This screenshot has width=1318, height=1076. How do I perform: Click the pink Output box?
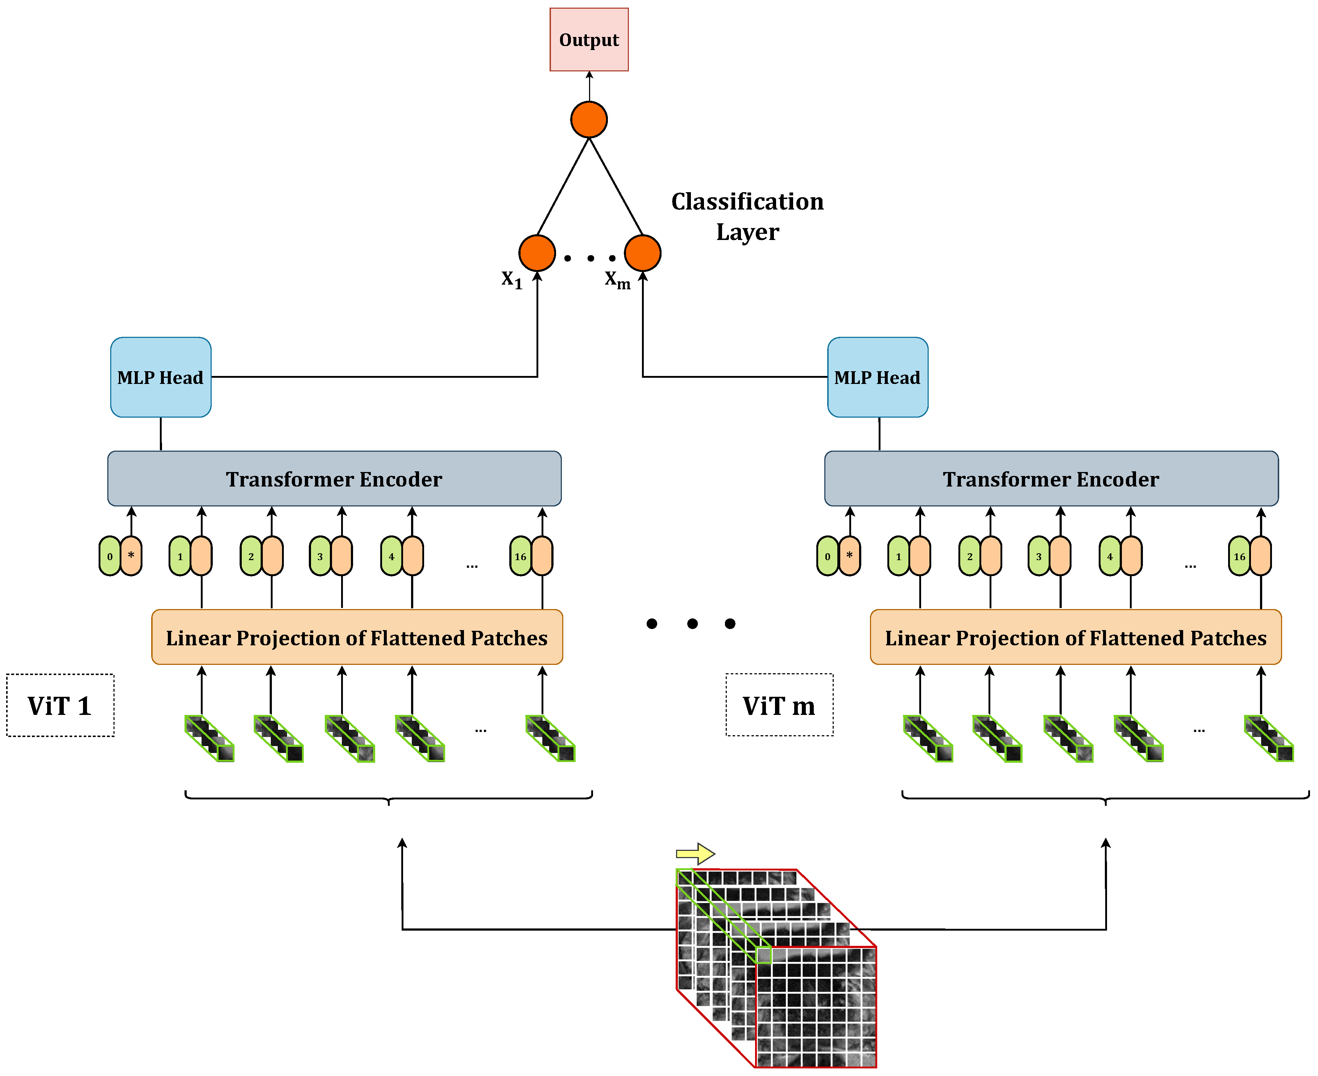[589, 40]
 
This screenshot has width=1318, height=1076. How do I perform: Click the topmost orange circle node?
[589, 120]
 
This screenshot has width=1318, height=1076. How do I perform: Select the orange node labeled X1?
[536, 253]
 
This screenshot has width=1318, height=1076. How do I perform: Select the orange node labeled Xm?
[643, 253]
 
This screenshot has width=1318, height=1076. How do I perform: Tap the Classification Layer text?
[747, 216]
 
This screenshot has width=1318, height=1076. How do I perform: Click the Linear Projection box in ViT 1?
[357, 637]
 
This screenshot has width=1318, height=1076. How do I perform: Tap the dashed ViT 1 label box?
[60, 705]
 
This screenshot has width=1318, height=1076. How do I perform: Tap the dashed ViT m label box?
[779, 705]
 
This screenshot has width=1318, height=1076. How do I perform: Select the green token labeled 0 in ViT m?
[827, 556]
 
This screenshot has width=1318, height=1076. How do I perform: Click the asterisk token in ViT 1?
[131, 556]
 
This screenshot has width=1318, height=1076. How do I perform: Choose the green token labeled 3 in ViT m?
[1039, 556]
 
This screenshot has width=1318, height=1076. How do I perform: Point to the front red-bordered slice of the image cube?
[816, 1007]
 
